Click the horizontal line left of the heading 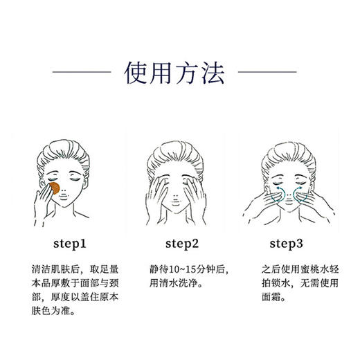click(x=81, y=71)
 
